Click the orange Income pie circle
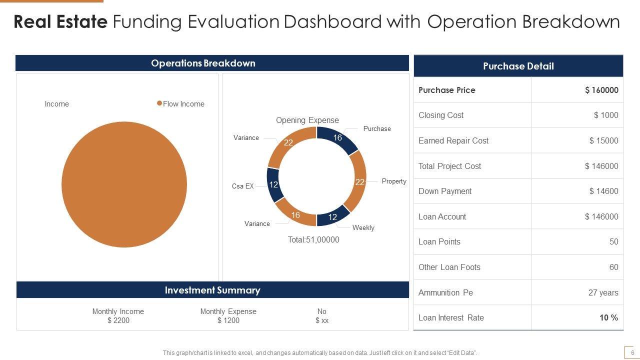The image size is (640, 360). (124, 184)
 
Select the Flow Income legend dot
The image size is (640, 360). (159, 103)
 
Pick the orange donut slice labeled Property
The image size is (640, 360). (358, 181)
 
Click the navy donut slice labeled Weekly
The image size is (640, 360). (332, 215)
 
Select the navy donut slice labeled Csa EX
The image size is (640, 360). (273, 184)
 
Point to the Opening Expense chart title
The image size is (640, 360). (307, 120)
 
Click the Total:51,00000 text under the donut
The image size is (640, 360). (313, 240)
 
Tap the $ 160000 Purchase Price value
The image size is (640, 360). (601, 90)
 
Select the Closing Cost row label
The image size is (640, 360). (441, 115)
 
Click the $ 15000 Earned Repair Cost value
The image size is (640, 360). (603, 140)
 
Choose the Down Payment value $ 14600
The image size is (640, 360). (603, 191)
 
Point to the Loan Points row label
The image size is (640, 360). (439, 241)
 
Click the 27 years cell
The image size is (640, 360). (603, 292)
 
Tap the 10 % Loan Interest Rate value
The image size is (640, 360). (608, 317)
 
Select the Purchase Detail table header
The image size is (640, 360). (518, 66)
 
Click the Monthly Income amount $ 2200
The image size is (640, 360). (118, 320)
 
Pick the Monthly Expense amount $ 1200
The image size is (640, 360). (228, 320)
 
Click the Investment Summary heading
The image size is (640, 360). (212, 290)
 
